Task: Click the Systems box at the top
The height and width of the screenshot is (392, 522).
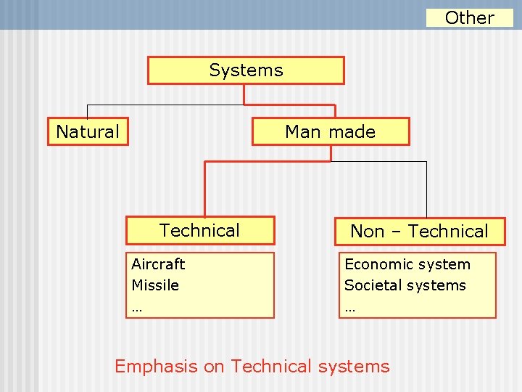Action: click(x=246, y=70)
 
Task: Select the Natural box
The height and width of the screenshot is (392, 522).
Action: click(x=88, y=132)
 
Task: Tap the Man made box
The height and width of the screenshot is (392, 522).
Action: click(x=330, y=132)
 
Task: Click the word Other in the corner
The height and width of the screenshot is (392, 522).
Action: click(x=469, y=17)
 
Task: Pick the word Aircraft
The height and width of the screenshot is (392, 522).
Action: click(x=158, y=264)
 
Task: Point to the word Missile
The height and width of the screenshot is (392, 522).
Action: click(x=155, y=285)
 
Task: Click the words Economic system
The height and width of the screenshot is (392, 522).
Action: click(x=407, y=264)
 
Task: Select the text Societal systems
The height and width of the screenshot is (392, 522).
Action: click(x=405, y=285)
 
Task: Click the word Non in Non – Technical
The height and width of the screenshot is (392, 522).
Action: click(x=367, y=232)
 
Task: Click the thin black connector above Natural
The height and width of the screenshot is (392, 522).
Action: click(x=88, y=110)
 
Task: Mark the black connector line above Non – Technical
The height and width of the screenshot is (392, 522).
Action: click(x=426, y=189)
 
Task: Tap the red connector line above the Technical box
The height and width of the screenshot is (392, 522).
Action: click(x=205, y=189)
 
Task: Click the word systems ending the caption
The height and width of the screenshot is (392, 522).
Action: click(x=355, y=367)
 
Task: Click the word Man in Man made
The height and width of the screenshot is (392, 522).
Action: click(x=303, y=132)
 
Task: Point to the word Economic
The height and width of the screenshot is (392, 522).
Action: click(x=376, y=264)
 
